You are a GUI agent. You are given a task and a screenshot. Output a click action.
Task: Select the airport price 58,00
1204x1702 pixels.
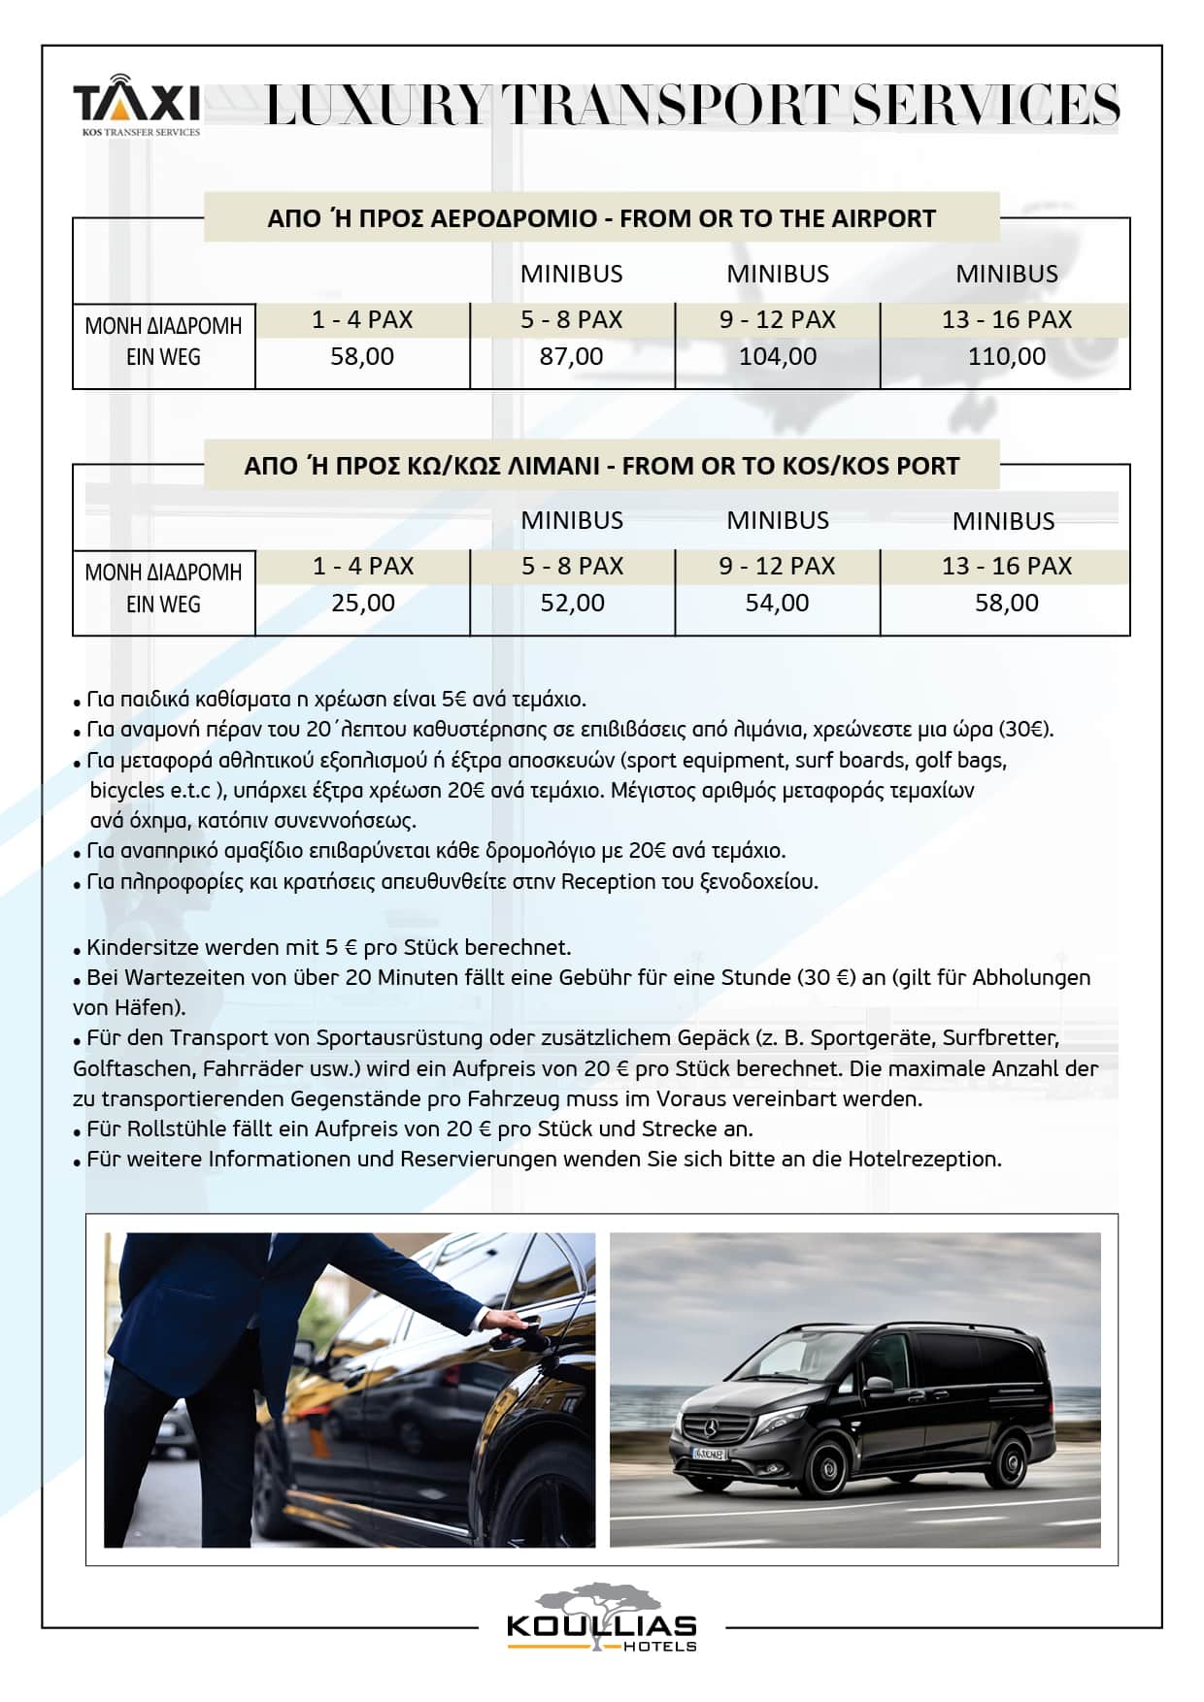[362, 356]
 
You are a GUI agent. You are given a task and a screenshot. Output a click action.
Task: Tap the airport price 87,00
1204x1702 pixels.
[571, 356]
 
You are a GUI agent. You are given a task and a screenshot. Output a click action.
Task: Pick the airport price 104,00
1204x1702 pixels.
[778, 356]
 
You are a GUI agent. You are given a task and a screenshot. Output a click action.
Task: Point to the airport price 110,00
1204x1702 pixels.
[1007, 356]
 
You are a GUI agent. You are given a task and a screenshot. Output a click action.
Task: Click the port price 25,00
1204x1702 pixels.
[363, 603]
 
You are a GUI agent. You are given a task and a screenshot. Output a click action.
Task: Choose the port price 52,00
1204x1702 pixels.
[572, 603]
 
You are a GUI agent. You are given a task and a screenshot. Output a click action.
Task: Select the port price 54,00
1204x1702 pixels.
[777, 603]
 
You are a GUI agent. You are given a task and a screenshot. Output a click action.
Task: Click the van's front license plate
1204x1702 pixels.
[708, 1454]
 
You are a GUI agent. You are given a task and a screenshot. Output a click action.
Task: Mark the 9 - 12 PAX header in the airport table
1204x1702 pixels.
[778, 319]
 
